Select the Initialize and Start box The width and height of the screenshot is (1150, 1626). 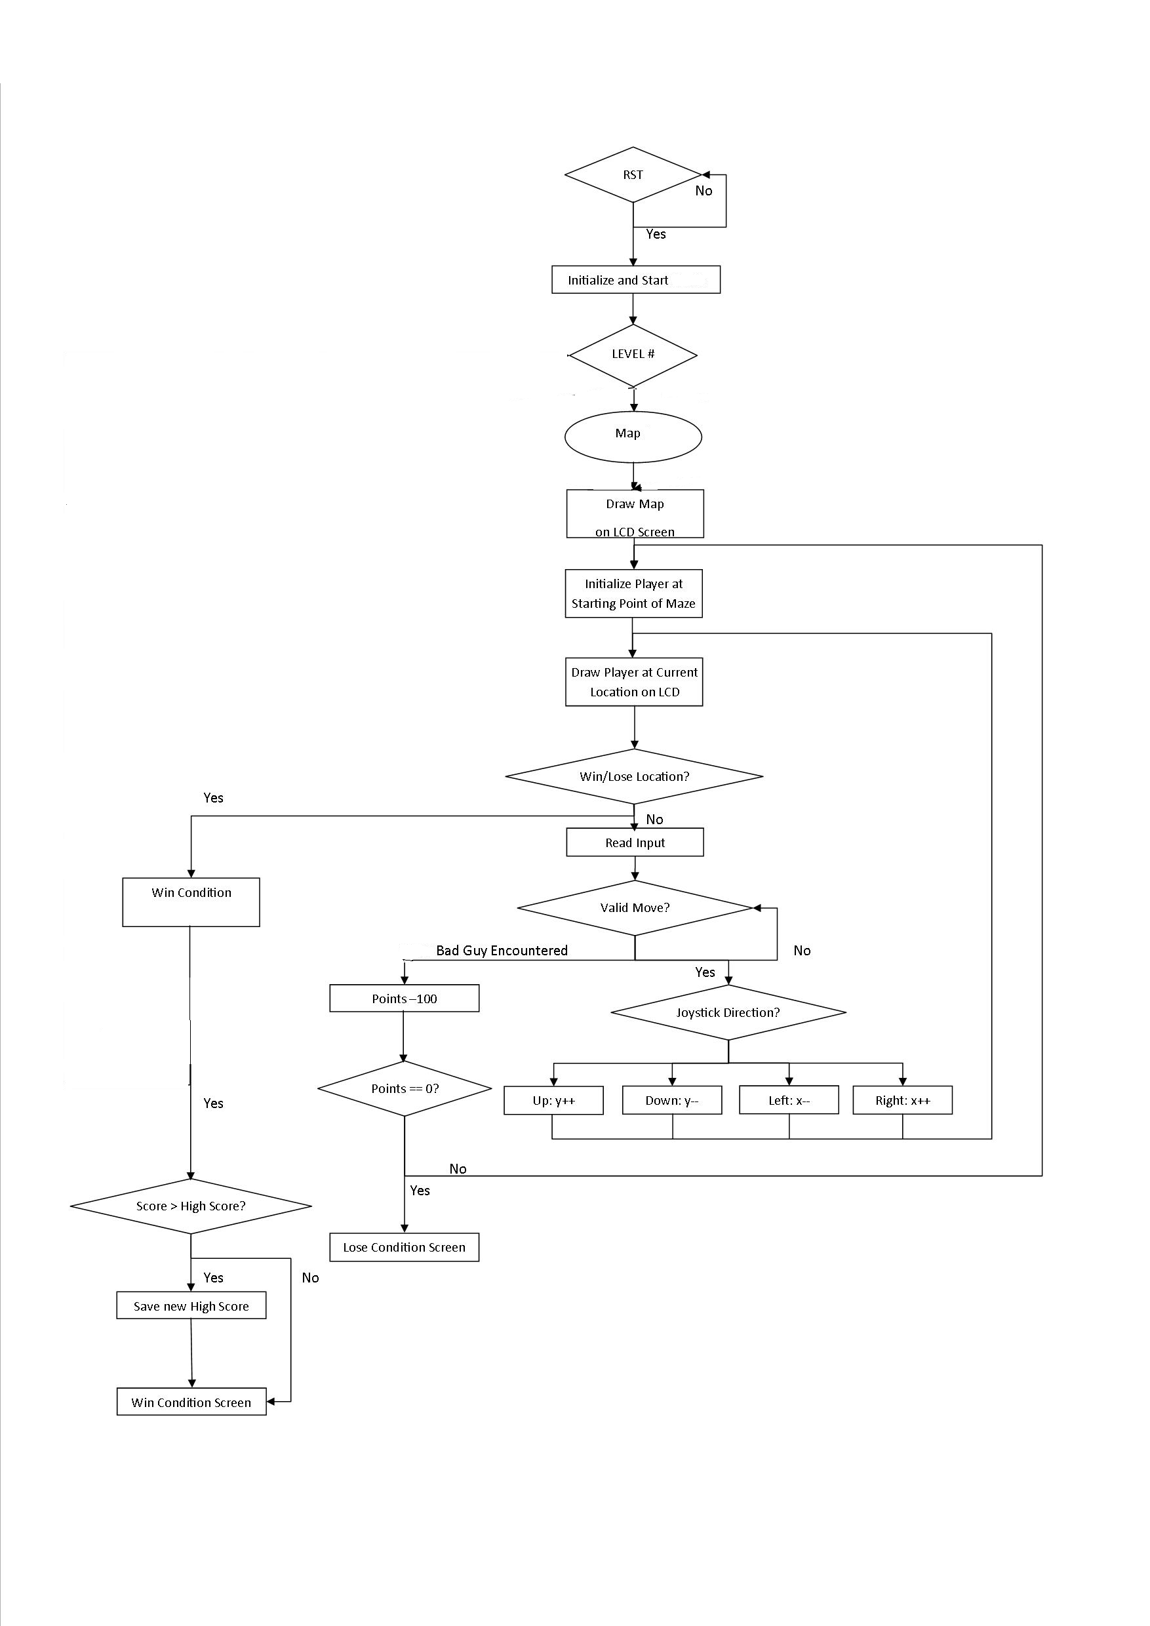[x=635, y=280]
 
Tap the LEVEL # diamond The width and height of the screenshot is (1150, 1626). [x=633, y=355]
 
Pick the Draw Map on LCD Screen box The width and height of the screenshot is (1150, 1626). [x=635, y=514]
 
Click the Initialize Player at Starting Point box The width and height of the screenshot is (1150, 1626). [x=633, y=593]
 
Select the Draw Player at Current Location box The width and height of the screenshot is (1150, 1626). [x=634, y=682]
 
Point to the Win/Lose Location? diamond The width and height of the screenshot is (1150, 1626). [x=634, y=776]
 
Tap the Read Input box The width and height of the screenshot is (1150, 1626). [x=635, y=843]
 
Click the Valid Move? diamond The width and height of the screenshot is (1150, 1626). [x=635, y=908]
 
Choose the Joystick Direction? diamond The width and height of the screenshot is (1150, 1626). [x=728, y=1013]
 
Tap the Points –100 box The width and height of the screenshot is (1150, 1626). [x=405, y=999]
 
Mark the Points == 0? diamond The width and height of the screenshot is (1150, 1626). [x=405, y=1088]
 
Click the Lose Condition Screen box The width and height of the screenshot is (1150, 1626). [x=405, y=1247]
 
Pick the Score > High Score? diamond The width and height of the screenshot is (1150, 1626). [x=191, y=1206]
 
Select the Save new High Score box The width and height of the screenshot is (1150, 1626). [x=191, y=1306]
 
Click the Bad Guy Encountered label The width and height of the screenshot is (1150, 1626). [x=502, y=951]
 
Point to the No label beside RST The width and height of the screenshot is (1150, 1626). [x=703, y=191]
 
